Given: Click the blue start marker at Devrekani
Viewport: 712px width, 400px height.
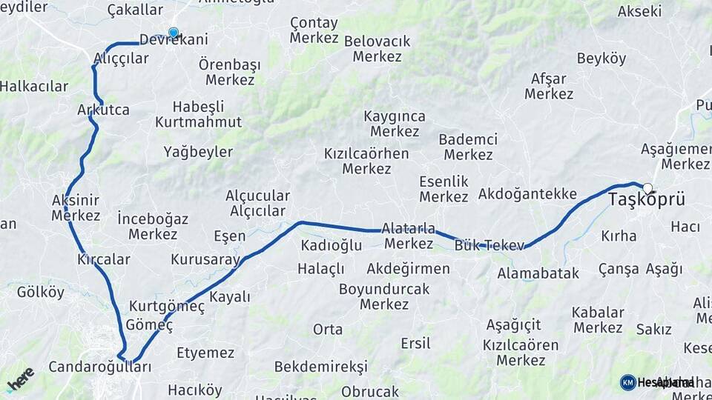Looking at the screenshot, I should click(174, 33).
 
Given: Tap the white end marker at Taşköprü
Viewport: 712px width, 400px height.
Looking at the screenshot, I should click(647, 188).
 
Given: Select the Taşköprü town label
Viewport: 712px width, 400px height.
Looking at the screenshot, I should click(646, 200).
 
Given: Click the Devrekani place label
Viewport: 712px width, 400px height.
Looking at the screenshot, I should click(174, 41).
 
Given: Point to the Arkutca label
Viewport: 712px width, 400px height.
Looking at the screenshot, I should click(103, 110).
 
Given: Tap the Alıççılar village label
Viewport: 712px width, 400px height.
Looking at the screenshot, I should click(121, 59).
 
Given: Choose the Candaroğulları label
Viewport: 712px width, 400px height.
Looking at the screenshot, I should click(99, 367).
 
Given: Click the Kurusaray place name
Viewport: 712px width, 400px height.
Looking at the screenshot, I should click(205, 260).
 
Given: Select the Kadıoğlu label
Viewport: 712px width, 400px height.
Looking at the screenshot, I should click(331, 245).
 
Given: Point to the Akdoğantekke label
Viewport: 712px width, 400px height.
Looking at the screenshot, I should click(527, 194).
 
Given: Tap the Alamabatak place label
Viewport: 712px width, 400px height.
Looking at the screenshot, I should click(538, 273).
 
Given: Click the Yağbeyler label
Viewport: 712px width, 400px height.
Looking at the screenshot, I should click(198, 153).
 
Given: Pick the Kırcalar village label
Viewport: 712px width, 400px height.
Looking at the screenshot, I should click(104, 259).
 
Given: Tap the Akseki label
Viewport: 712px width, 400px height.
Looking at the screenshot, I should click(639, 11).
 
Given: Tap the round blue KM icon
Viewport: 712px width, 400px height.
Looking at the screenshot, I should click(628, 382).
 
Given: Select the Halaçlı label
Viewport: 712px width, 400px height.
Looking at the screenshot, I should click(321, 268).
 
